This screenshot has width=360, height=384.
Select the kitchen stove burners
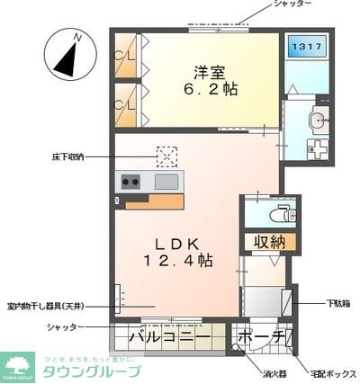[x=130, y=182]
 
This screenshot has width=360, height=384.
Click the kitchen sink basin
[x=166, y=182]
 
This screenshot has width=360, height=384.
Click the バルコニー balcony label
[x=168, y=338]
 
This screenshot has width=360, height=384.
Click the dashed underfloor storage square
[x=166, y=156]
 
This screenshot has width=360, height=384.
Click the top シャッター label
[x=292, y=4]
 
